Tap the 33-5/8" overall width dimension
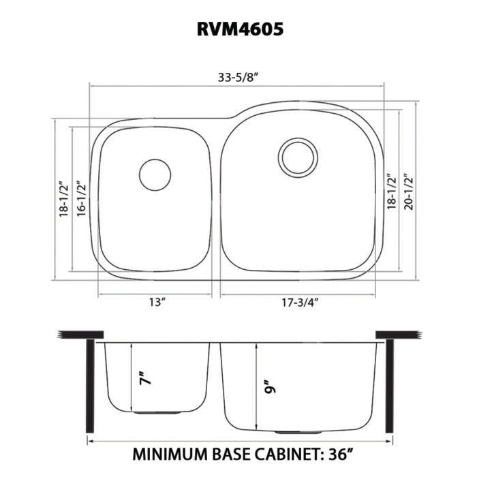[238, 76]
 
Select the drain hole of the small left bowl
[155, 174]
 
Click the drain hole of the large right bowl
[298, 155]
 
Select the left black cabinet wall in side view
[89, 386]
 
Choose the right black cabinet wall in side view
[389, 386]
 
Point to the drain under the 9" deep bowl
[287, 433]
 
